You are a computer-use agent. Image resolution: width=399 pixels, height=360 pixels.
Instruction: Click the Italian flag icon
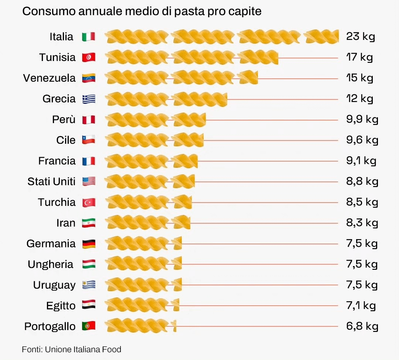pyautogui.click(x=89, y=37)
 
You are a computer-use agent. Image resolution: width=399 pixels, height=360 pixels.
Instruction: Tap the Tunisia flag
pyautogui.click(x=89, y=57)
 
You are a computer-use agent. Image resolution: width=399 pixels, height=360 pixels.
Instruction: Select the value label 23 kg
pyautogui.click(x=360, y=37)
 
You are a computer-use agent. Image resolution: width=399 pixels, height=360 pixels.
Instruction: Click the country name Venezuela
pyautogui.click(x=49, y=78)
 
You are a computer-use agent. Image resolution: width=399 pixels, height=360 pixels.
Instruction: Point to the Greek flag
pyautogui.click(x=89, y=99)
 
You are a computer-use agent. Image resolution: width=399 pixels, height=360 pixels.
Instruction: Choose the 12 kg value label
pyautogui.click(x=359, y=99)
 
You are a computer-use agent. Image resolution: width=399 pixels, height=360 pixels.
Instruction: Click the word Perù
pyautogui.click(x=64, y=119)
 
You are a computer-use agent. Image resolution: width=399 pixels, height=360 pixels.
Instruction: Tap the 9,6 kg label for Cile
pyautogui.click(x=362, y=140)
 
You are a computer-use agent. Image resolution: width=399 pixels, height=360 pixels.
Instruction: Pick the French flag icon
pyautogui.click(x=89, y=161)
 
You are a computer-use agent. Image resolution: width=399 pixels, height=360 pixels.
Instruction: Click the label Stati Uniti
pyautogui.click(x=51, y=181)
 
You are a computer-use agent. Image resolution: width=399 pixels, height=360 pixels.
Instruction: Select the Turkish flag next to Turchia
pyautogui.click(x=89, y=203)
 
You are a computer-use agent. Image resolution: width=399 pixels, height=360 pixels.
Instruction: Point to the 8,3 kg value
pyautogui.click(x=362, y=223)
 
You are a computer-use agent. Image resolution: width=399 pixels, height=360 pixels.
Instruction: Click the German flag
pyautogui.click(x=89, y=244)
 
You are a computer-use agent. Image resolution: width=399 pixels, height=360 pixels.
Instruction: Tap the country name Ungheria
pyautogui.click(x=50, y=264)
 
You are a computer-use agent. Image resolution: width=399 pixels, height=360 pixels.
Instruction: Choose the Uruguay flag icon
pyautogui.click(x=89, y=285)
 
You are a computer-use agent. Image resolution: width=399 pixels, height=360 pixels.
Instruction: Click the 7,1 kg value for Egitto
pyautogui.click(x=361, y=306)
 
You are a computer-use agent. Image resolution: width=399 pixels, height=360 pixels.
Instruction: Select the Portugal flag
pyautogui.click(x=89, y=326)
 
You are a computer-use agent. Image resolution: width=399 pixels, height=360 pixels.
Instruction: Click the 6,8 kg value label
pyautogui.click(x=362, y=326)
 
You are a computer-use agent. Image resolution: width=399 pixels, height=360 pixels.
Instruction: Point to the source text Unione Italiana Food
pyautogui.click(x=83, y=349)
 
